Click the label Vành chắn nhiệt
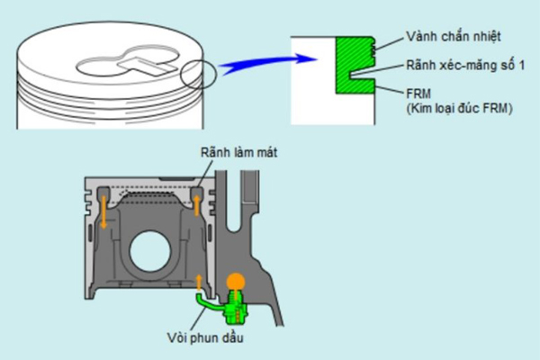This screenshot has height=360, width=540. [453, 37]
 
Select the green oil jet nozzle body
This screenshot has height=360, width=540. [236, 309]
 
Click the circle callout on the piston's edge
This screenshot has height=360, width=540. [198, 75]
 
